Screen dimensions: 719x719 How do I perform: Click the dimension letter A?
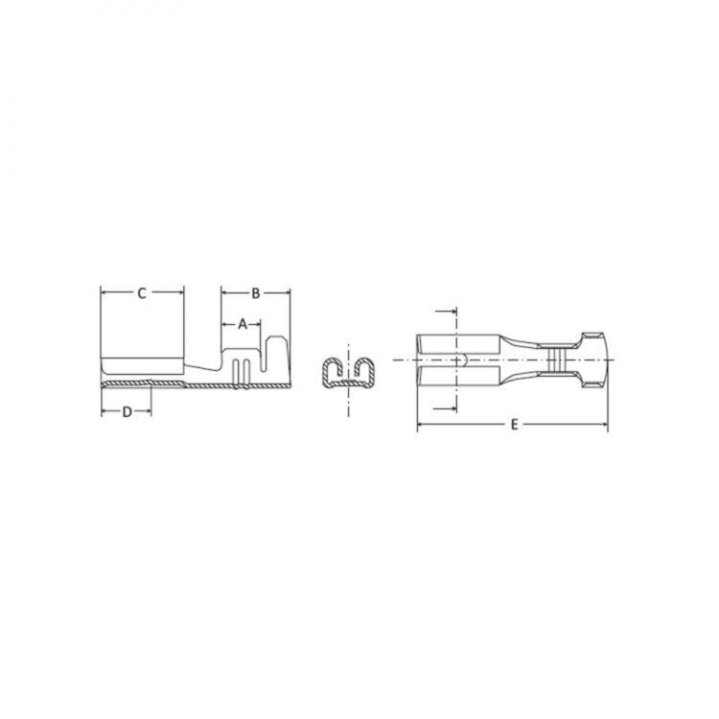pos(243,324)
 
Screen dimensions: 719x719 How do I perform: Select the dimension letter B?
pos(256,293)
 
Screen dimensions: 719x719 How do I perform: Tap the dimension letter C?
pos(142,293)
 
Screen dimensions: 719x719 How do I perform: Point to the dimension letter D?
pos(127,412)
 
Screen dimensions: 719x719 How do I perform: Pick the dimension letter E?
pos(514,425)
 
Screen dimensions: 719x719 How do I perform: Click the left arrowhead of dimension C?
pos(104,292)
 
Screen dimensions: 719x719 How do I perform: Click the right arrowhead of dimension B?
pos(287,292)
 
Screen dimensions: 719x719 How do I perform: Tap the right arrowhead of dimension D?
pos(148,412)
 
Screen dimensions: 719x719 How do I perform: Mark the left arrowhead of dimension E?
pos(421,425)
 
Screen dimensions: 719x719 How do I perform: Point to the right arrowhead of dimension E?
pos(604,425)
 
